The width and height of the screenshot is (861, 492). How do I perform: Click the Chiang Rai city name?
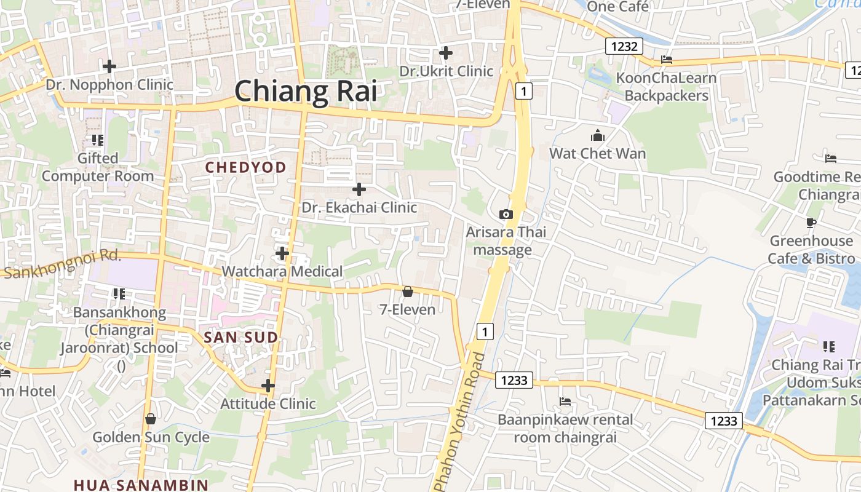coord(306,92)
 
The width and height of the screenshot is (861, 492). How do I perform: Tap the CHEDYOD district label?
coord(245,167)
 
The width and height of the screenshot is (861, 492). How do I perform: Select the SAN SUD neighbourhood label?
coord(240,337)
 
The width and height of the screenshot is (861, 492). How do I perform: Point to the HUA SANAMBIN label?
coord(141,485)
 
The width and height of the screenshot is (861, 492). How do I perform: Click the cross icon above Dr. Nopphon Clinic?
coord(109,66)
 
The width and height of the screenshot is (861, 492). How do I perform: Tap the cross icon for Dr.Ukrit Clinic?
coord(446,53)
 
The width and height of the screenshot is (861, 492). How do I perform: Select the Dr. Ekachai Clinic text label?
coord(359,207)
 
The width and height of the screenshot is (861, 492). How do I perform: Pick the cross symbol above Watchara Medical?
coord(282,253)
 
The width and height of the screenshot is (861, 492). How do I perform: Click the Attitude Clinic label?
coord(268,403)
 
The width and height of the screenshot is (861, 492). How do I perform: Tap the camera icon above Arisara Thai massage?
coord(506,214)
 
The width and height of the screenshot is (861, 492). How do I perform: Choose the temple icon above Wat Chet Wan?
coord(597,136)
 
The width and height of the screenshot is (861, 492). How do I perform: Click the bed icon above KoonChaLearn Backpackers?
coord(666,60)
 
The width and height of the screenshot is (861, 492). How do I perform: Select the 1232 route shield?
coord(624,46)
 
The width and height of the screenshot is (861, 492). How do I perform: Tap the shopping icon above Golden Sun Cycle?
coord(151,419)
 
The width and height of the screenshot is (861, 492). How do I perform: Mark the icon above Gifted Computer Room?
coord(97,140)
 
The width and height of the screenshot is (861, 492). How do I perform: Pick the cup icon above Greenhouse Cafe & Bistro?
coord(811,223)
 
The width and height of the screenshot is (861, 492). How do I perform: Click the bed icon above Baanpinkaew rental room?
coord(565,402)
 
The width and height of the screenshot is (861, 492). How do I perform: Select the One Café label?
coord(617,6)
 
